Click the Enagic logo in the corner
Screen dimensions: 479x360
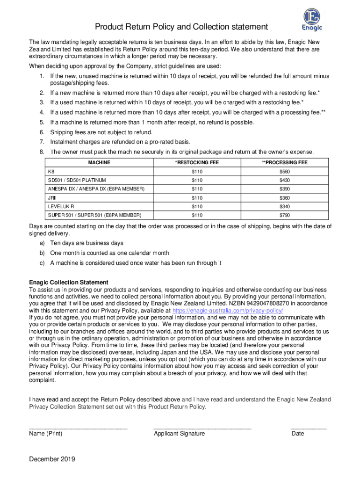point(313,19)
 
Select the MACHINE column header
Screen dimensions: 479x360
point(99,162)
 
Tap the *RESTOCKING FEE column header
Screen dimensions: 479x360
point(197,162)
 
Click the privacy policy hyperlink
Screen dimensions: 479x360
point(228,311)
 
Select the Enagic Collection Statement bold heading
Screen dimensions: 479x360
point(69,283)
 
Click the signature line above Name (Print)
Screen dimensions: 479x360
point(78,428)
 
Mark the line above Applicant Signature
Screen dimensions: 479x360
point(202,428)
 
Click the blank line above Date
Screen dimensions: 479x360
point(308,428)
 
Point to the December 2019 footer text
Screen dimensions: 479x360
point(52,459)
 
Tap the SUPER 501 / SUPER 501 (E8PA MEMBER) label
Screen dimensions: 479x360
point(94,215)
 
